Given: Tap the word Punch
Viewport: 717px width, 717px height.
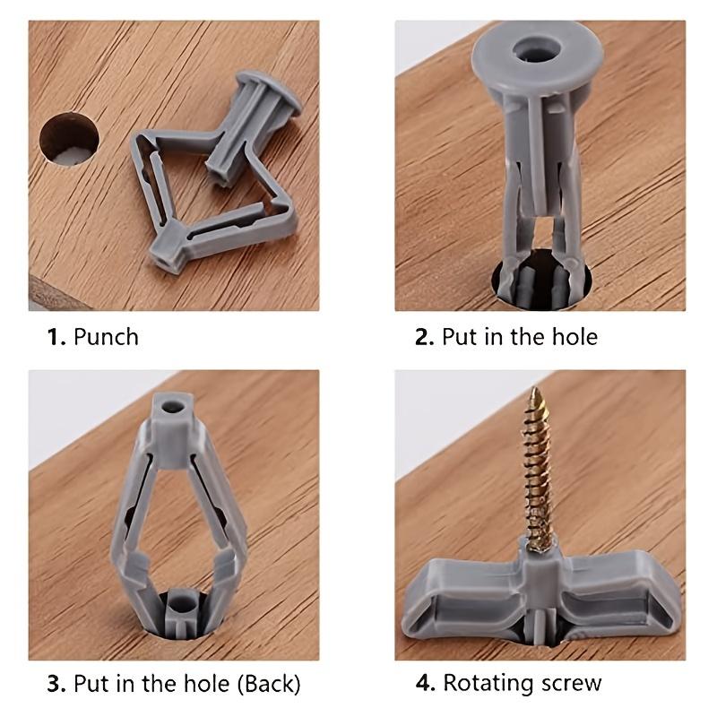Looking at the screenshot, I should pyautogui.click(x=106, y=337).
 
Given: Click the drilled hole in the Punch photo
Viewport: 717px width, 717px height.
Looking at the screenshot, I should pyautogui.click(x=69, y=139).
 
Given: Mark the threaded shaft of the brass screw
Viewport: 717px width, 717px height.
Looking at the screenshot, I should pyautogui.click(x=538, y=475).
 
